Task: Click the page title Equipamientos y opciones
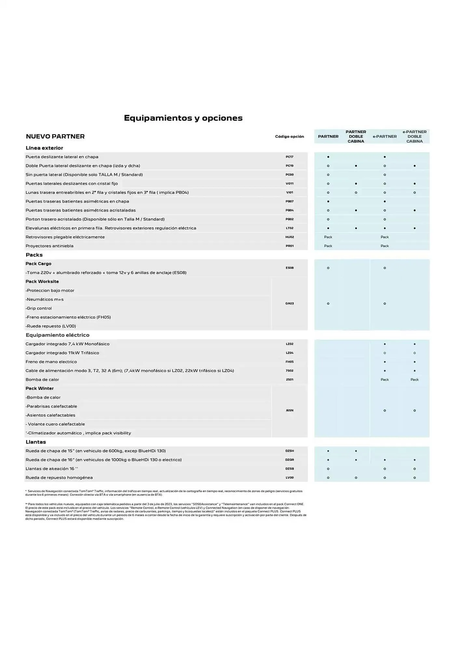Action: click(183, 118)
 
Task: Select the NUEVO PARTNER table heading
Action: click(55, 136)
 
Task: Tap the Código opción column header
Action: click(289, 136)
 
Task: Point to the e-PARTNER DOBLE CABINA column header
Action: click(414, 136)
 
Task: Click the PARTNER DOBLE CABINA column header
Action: click(356, 136)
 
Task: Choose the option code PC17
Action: click(290, 157)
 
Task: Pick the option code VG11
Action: click(290, 184)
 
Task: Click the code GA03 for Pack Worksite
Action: click(290, 303)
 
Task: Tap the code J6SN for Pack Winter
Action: click(290, 410)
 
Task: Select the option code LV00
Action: click(290, 478)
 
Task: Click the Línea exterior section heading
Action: click(44, 148)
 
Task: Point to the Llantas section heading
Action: click(36, 442)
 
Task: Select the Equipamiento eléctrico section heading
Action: click(58, 335)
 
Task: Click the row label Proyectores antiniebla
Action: click(49, 246)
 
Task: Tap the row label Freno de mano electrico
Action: click(51, 362)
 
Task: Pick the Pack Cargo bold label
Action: click(38, 264)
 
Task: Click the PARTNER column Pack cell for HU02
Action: click(328, 237)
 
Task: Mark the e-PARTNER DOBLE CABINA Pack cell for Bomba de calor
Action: click(414, 380)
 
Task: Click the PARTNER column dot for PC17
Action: click(328, 157)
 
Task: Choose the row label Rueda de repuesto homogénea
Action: click(59, 478)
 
